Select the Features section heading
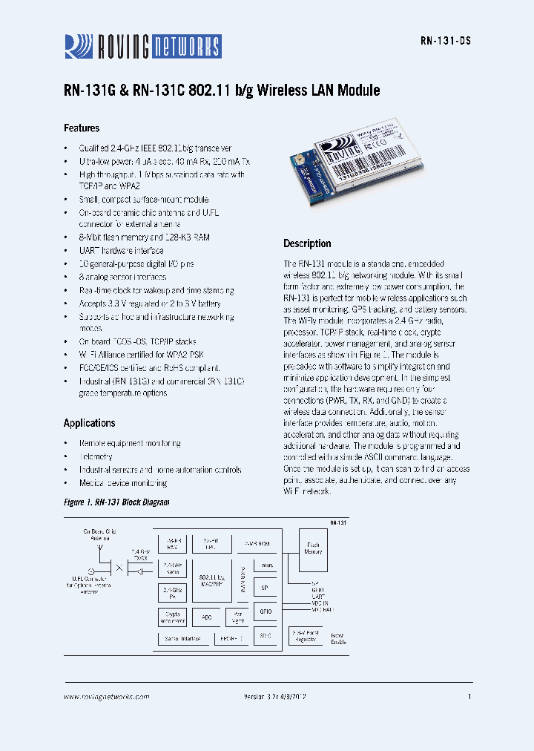click(82, 128)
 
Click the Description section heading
click(307, 243)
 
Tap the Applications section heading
click(89, 423)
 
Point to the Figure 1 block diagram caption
click(116, 502)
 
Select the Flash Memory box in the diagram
click(313, 548)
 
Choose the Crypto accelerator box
click(172, 617)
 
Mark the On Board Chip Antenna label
click(99, 534)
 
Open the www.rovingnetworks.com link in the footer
click(106, 697)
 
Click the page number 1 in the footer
click(469, 697)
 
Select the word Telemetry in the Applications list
click(96, 456)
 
